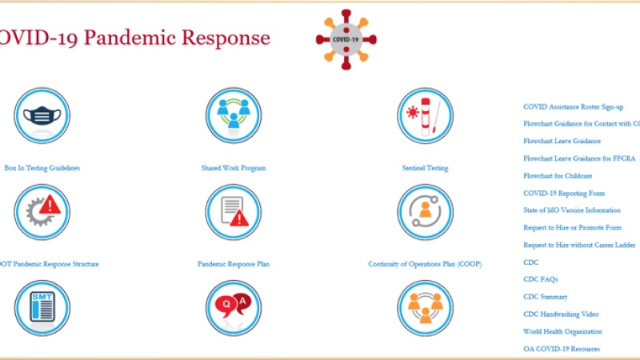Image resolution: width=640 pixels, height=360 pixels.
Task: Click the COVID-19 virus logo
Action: pyautogui.click(x=346, y=39)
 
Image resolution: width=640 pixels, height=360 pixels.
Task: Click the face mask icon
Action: pyautogui.click(x=42, y=116)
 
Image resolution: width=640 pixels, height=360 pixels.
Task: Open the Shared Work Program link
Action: pyautogui.click(x=233, y=168)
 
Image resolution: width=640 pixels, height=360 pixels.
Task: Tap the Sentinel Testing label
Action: pyautogui.click(x=425, y=168)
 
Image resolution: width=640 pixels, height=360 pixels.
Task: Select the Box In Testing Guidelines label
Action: pyautogui.click(x=42, y=168)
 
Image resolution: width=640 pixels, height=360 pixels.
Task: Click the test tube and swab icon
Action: pyautogui.click(x=425, y=116)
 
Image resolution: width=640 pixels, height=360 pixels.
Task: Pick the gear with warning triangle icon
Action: pyautogui.click(x=42, y=212)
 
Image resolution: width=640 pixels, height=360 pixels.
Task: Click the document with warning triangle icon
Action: pyautogui.click(x=234, y=212)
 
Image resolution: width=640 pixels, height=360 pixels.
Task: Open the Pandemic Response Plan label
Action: pyautogui.click(x=234, y=264)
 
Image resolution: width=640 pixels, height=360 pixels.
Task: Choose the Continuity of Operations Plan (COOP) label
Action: pyautogui.click(x=425, y=264)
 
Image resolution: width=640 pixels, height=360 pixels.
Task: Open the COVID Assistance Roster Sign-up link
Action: pyautogui.click(x=573, y=106)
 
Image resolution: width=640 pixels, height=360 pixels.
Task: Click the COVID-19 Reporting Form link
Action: pyautogui.click(x=564, y=193)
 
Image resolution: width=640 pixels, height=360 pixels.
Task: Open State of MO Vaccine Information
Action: pyautogui.click(x=571, y=210)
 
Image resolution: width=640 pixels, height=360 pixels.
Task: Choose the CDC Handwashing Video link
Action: pyautogui.click(x=561, y=314)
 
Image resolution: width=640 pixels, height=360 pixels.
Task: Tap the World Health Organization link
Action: pyautogui.click(x=562, y=331)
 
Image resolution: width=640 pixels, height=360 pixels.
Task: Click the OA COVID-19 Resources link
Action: pyautogui.click(x=562, y=349)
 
